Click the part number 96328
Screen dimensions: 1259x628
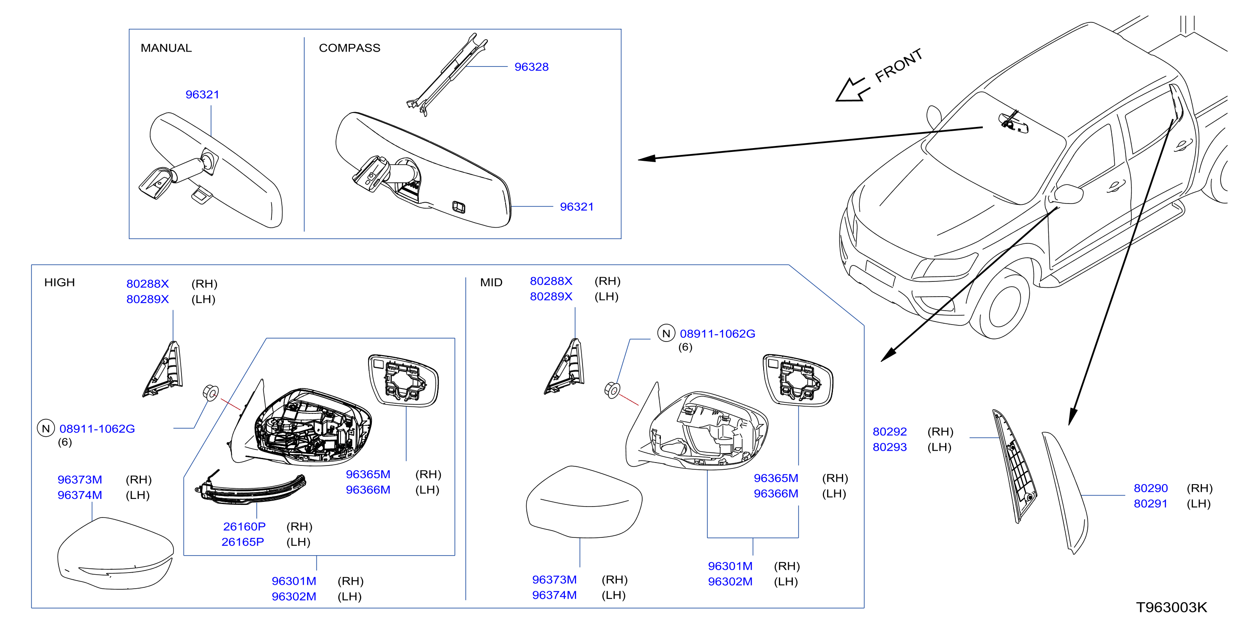(x=531, y=67)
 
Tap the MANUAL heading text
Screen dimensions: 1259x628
(x=166, y=48)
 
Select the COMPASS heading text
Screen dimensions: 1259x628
(x=349, y=48)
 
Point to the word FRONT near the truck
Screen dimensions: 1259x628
(x=898, y=66)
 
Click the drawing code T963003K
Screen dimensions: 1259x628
(x=1171, y=607)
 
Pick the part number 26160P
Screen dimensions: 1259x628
(x=245, y=526)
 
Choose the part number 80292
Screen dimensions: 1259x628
(x=890, y=432)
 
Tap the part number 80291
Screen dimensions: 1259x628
(x=1151, y=504)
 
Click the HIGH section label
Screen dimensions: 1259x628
(x=60, y=283)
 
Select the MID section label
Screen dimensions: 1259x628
(x=491, y=283)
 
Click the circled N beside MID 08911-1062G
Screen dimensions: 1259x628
(x=666, y=333)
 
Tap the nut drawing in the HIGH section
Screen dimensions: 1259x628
(x=211, y=392)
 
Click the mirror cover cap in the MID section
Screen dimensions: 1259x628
(x=584, y=502)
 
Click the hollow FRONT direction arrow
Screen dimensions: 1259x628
(x=852, y=90)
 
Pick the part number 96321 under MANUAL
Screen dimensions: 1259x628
(x=202, y=94)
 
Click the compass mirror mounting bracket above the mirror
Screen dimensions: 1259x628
(x=447, y=74)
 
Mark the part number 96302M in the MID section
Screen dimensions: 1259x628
(x=730, y=581)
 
